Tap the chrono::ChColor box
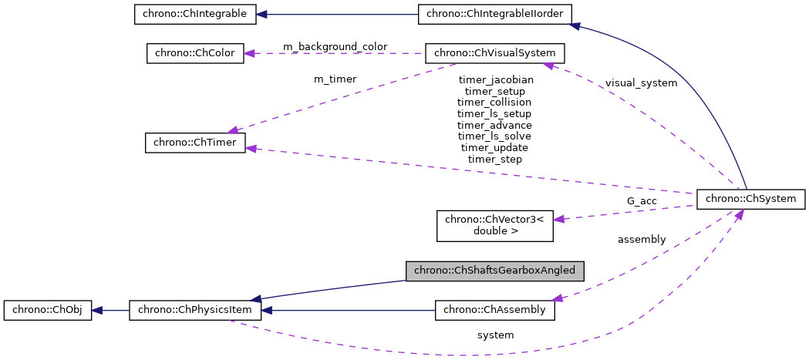[195, 53]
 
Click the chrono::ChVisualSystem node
[495, 53]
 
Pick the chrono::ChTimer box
[195, 143]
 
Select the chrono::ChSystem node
[751, 198]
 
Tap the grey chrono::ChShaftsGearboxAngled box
[495, 271]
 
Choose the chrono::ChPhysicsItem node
[195, 311]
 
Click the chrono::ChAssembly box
[495, 311]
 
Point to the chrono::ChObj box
[48, 311]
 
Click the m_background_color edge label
[335, 47]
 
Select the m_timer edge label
[335, 79]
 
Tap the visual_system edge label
[641, 82]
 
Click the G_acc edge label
[641, 200]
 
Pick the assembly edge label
[641, 239]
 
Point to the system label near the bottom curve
[494, 335]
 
